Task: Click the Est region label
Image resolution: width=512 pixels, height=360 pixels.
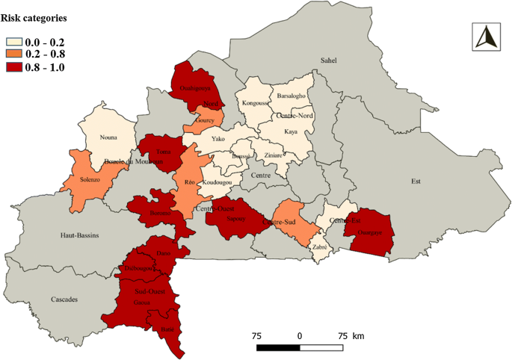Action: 416,180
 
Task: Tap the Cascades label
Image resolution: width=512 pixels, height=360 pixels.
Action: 64,300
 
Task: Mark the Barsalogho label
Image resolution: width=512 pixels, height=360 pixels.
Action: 291,96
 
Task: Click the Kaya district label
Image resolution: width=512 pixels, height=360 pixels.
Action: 291,131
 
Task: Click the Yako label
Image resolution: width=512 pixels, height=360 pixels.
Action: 218,139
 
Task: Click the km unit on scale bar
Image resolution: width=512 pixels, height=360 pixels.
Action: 358,336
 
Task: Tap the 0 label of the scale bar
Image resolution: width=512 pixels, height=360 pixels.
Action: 300,336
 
